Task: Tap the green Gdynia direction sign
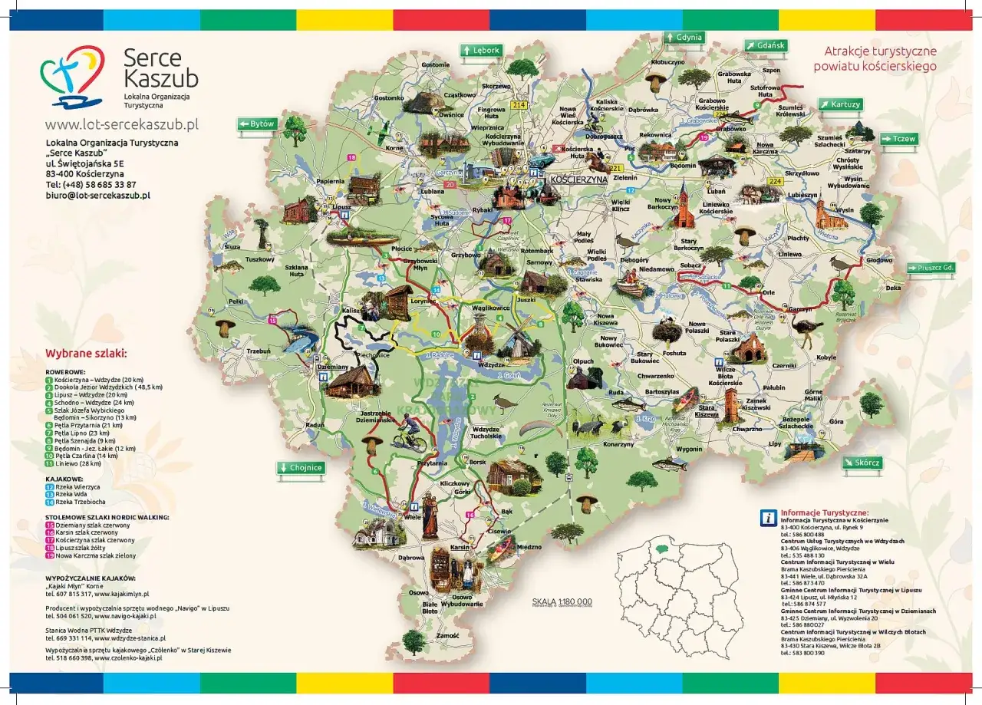(x=684, y=38)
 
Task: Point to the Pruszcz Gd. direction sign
(x=931, y=268)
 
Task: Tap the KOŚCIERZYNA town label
(x=578, y=179)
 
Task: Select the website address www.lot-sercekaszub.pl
(x=122, y=124)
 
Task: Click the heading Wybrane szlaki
(x=86, y=354)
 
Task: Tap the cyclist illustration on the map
(x=408, y=440)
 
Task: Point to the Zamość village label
(x=447, y=636)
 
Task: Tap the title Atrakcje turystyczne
(x=880, y=51)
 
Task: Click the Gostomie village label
(x=435, y=65)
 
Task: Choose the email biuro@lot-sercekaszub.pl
(x=97, y=196)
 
